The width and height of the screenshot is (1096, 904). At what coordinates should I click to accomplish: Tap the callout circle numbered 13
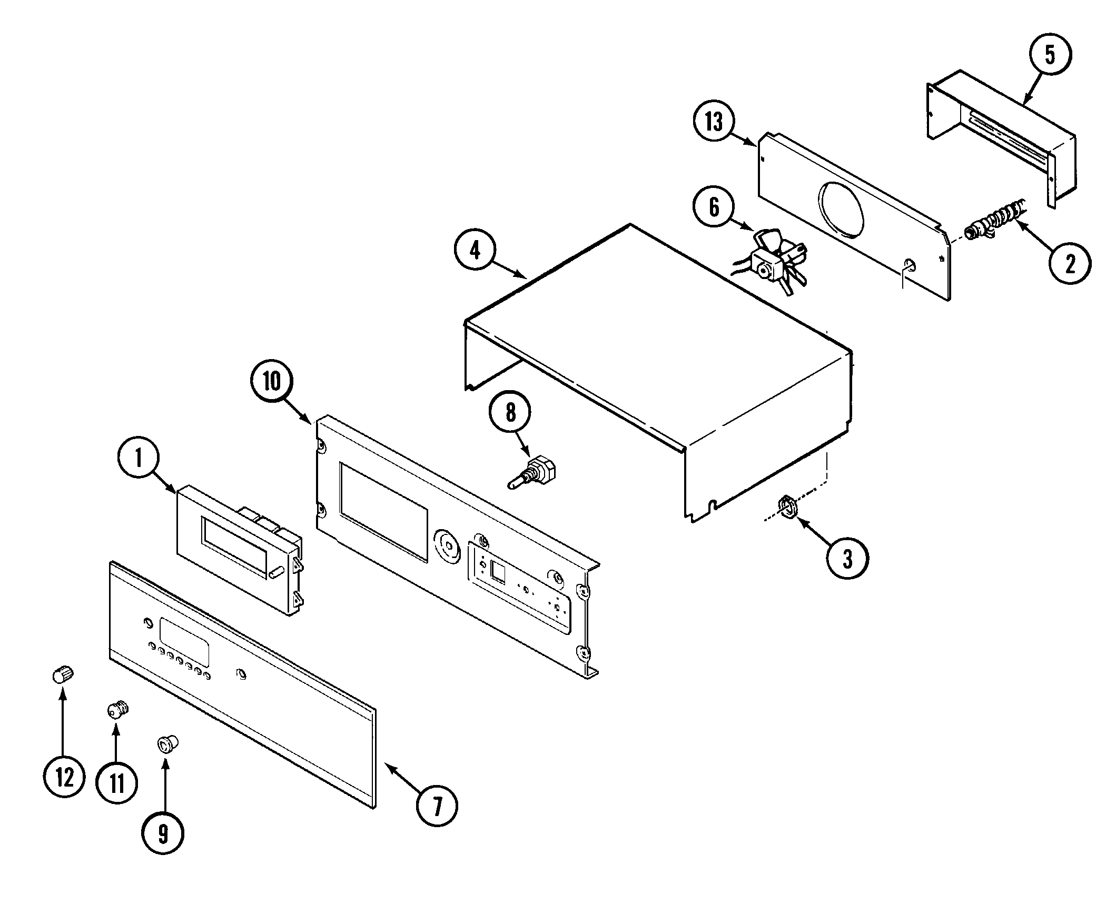(x=714, y=122)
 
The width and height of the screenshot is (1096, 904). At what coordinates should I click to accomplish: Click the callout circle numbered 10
(x=272, y=381)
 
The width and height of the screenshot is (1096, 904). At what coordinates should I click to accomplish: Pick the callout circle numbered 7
(x=437, y=805)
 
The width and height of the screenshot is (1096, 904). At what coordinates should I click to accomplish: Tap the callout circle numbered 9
(x=163, y=833)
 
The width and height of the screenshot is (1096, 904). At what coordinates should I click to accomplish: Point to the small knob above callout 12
(x=63, y=673)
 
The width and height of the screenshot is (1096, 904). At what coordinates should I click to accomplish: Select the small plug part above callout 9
(x=169, y=744)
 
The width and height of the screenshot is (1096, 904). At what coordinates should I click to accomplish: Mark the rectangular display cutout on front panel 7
(x=184, y=649)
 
